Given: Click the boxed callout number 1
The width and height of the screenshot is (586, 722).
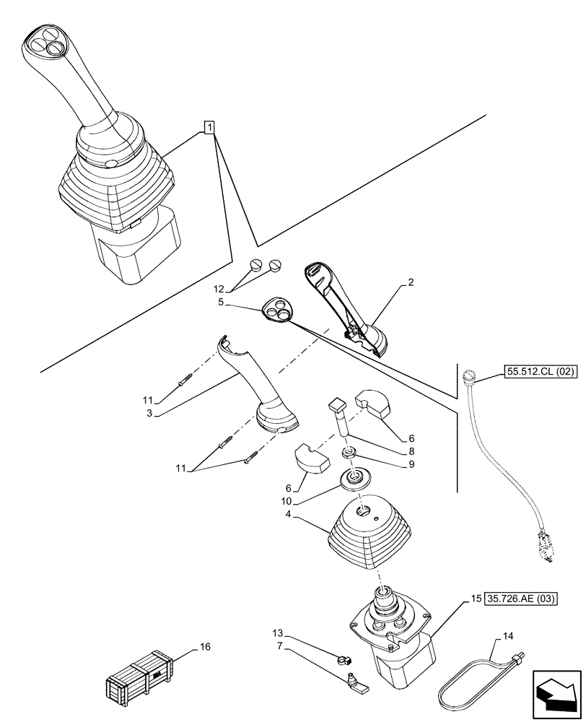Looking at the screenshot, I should [209, 129].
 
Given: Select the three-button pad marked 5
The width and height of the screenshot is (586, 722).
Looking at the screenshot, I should [281, 309].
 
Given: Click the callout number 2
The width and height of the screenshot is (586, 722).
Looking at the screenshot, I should [411, 282].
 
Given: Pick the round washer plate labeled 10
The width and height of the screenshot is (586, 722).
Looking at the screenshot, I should [354, 477].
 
